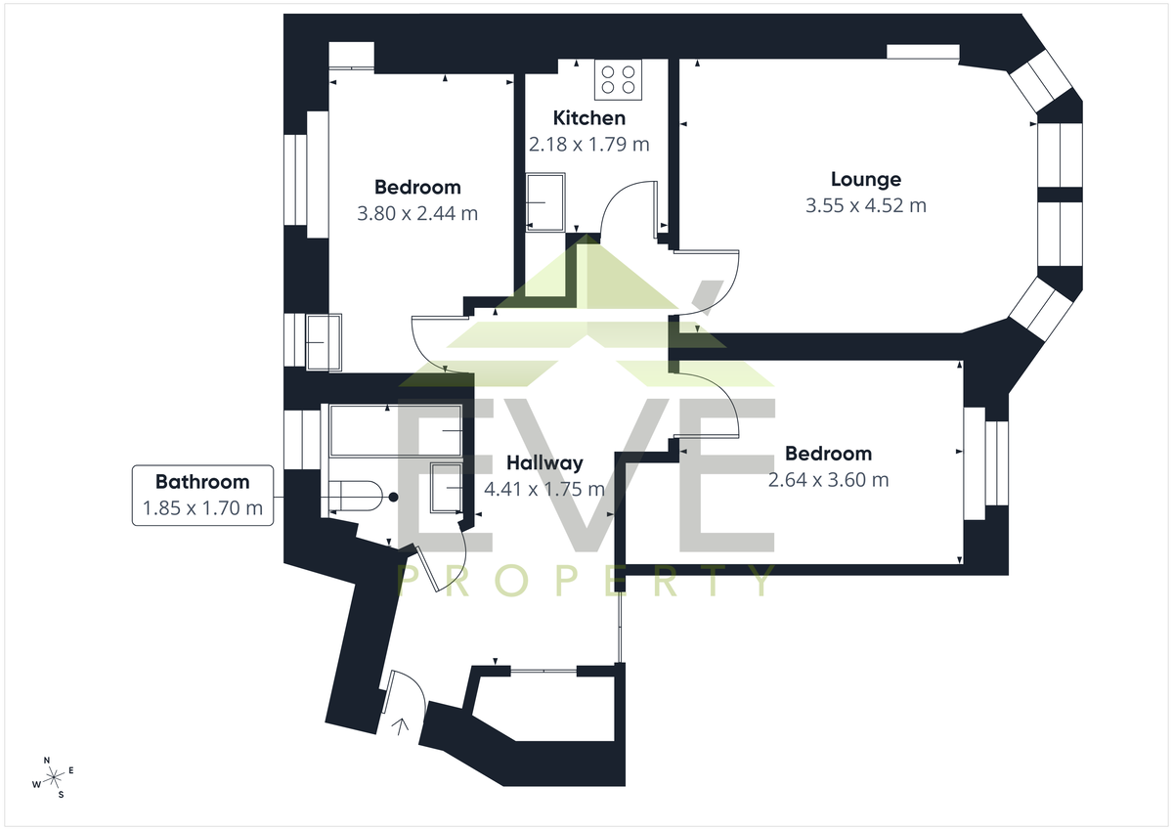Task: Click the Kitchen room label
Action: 589,118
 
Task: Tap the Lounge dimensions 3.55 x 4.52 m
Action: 866,205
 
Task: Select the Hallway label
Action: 544,463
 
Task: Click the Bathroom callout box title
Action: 202,482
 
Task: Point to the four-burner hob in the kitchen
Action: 618,79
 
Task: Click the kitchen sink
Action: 545,202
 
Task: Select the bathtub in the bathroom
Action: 395,430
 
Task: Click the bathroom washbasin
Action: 446,488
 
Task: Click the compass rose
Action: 53,777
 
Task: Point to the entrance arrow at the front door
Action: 401,726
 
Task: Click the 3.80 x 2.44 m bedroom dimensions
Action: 417,214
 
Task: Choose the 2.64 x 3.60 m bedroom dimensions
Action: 829,480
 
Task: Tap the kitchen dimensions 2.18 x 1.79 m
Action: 589,144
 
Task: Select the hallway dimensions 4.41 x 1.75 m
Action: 544,489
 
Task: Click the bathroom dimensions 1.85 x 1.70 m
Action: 202,508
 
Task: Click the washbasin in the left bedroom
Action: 325,342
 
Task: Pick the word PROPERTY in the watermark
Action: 586,580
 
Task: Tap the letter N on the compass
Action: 47,761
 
